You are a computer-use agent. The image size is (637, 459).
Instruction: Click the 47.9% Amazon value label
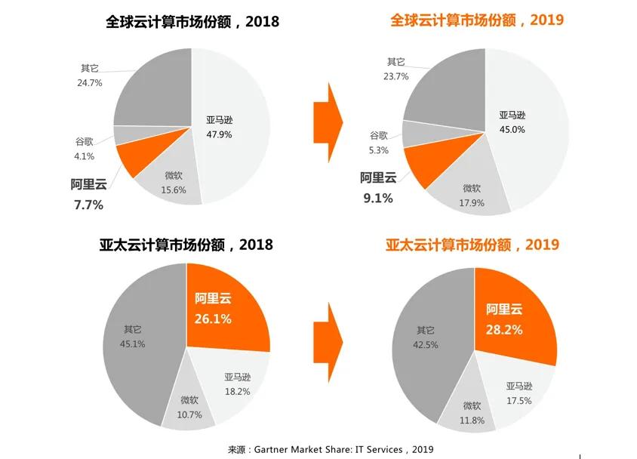point(218,134)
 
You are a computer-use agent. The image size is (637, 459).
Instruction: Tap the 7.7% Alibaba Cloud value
point(87,205)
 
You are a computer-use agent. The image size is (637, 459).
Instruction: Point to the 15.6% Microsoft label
point(174,190)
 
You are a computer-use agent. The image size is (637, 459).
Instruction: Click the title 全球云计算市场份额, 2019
point(477,20)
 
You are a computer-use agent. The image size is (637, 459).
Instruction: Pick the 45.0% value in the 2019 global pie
point(512,129)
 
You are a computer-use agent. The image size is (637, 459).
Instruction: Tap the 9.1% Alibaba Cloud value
point(377,199)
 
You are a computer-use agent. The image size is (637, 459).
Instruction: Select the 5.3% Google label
point(379,150)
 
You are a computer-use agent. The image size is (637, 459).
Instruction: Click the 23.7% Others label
point(395,76)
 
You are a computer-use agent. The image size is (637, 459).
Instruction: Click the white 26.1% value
point(213,319)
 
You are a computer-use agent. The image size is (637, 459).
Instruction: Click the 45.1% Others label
point(133,344)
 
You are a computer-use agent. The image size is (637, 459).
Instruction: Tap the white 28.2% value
point(504,330)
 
